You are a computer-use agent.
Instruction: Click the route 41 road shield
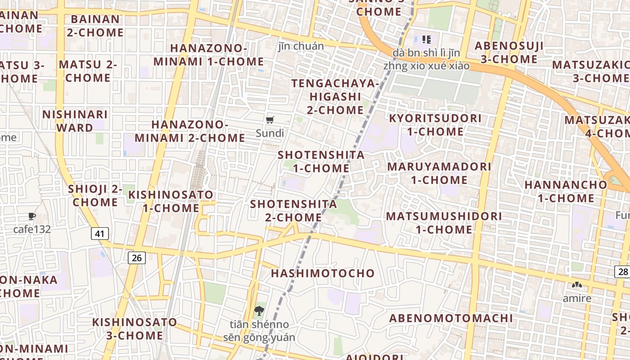99,234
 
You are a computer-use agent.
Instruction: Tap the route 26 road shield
137,258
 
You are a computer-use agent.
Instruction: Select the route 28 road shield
622,271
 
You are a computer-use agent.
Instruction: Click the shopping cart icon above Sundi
270,120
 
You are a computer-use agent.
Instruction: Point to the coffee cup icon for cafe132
31,216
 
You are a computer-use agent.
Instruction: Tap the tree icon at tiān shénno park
259,310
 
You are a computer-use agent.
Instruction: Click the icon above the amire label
576,285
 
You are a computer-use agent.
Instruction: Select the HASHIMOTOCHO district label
323,273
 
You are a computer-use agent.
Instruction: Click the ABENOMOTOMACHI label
451,318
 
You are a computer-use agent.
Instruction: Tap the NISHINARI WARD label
75,121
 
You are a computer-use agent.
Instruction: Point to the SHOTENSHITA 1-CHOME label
321,162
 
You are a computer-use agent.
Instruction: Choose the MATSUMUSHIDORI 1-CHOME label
444,223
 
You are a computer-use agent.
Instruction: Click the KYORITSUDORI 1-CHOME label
435,125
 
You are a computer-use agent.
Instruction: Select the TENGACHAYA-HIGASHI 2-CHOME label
335,97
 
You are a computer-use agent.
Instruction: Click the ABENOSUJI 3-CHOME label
509,52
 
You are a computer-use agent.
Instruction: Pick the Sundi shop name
270,133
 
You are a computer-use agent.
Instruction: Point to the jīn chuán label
301,46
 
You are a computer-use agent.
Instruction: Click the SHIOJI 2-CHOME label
95,196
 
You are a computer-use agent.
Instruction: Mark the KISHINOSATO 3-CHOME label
135,329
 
